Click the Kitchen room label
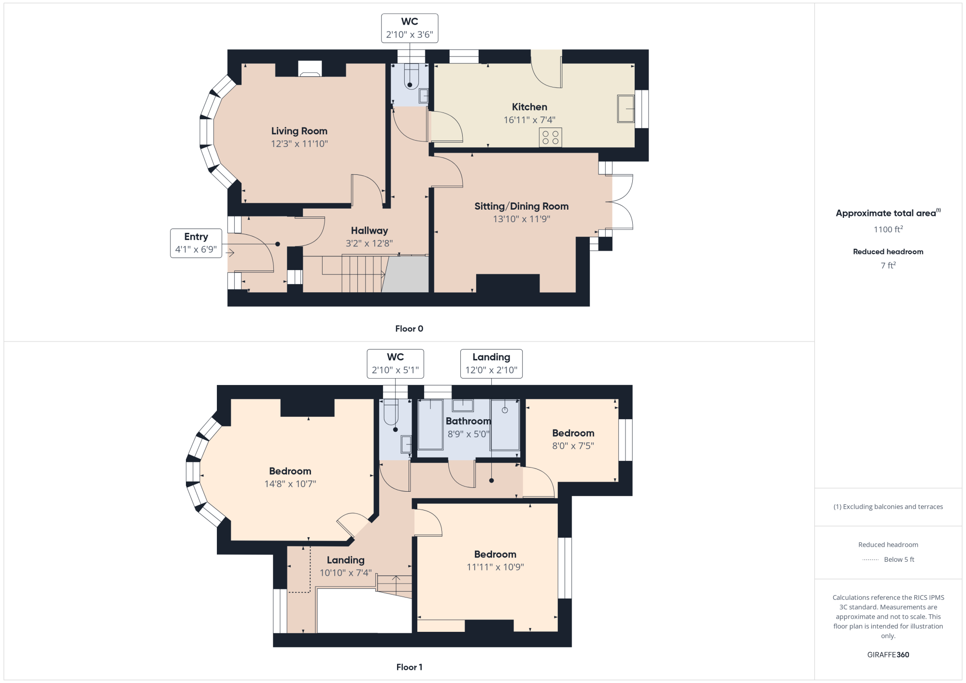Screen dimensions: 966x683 529,107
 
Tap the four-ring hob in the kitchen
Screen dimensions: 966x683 550,137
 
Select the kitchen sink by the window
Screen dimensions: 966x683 625,109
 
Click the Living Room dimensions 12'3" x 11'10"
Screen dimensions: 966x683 299,144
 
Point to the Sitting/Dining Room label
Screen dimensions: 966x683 522,206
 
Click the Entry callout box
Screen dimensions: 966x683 196,243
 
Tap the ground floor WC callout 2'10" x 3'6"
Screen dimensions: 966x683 410,28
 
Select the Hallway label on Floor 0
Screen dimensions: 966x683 369,231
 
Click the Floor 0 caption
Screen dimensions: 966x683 409,328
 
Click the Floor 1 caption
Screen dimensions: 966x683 409,667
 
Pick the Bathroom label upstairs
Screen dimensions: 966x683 468,421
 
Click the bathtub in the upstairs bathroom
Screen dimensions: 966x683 430,425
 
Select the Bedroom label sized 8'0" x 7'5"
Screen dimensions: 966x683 573,433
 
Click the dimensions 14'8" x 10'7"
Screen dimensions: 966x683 290,484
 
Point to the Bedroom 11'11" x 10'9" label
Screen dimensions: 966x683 495,555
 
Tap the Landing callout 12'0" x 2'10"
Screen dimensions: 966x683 491,364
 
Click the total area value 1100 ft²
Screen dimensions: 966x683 888,229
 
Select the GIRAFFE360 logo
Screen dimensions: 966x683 888,655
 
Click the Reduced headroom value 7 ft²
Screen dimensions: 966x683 888,265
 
